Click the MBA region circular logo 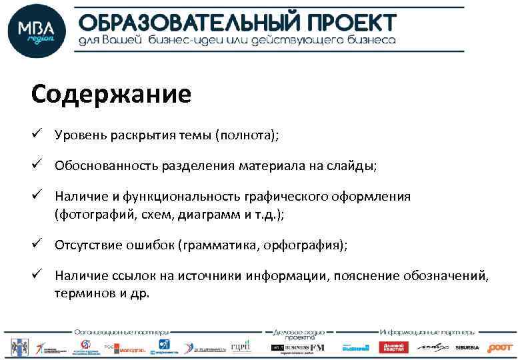click(37, 30)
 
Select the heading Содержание click(111, 94)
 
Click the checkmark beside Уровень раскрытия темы click(37, 135)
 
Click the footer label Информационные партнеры click(427, 331)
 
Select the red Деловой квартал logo click(393, 347)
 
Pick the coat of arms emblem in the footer click(16, 347)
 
